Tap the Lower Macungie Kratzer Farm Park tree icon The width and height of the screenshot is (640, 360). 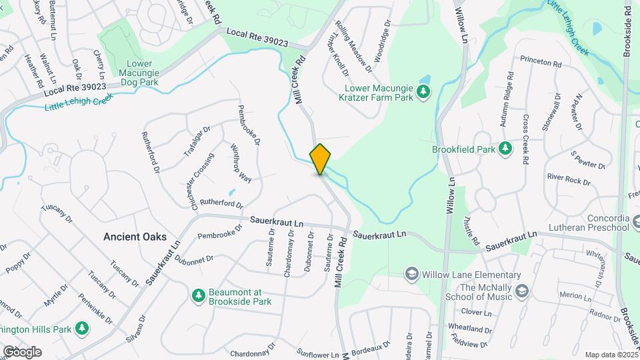pyautogui.click(x=423, y=91)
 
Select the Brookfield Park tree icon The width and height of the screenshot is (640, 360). pyautogui.click(x=505, y=148)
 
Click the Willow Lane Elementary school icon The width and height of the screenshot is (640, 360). pyautogui.click(x=412, y=274)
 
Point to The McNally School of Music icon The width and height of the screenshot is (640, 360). pyautogui.click(x=521, y=291)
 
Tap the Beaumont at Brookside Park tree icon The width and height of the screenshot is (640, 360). pyautogui.click(x=197, y=295)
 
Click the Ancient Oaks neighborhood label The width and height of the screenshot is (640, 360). pyautogui.click(x=131, y=237)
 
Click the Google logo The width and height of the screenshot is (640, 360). pyautogui.click(x=22, y=351)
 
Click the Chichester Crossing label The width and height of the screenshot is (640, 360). pyautogui.click(x=203, y=181)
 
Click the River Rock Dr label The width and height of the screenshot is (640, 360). pyautogui.click(x=568, y=179)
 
